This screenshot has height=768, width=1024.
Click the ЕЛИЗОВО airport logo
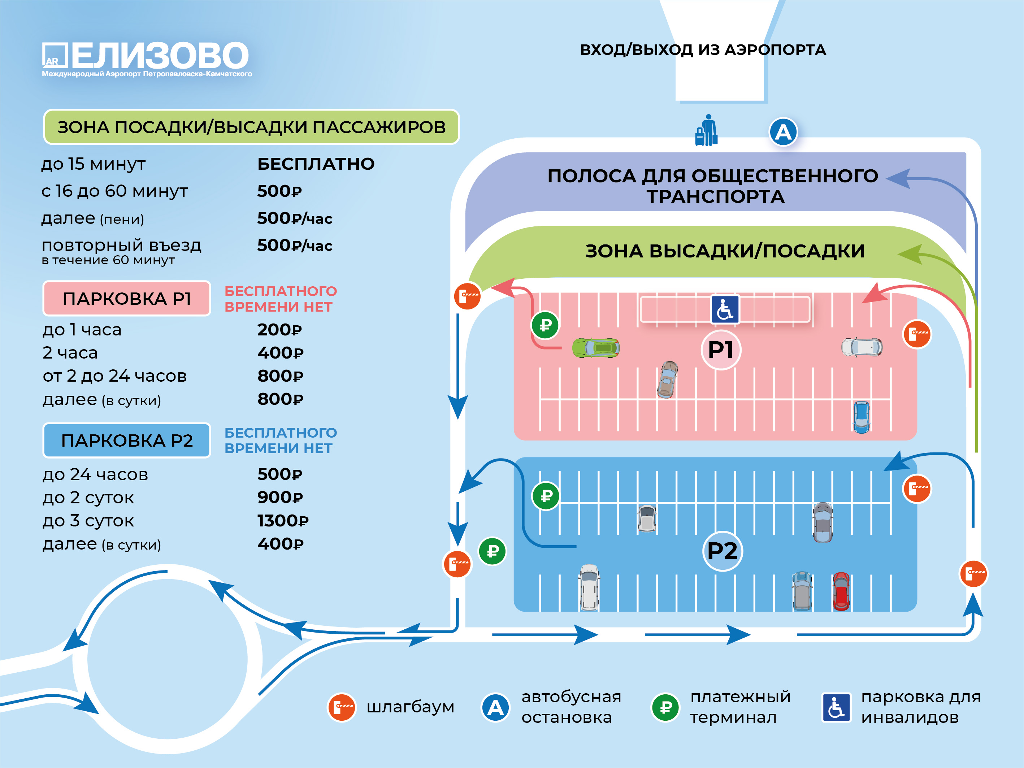pyautogui.click(x=146, y=58)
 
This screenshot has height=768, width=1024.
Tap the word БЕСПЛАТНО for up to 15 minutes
pyautogui.click(x=316, y=164)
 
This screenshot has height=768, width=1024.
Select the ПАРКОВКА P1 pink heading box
pyautogui.click(x=127, y=299)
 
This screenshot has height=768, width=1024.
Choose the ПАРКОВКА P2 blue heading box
pyautogui.click(x=127, y=440)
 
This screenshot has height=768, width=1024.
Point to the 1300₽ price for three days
pyautogui.click(x=283, y=521)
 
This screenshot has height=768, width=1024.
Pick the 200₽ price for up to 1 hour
pyautogui.click(x=279, y=330)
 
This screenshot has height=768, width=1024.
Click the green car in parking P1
pyautogui.click(x=596, y=348)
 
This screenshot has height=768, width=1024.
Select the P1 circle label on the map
pyautogui.click(x=721, y=350)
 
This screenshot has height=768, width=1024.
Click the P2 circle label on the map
pyautogui.click(x=722, y=551)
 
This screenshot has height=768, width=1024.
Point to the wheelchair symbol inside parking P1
pyautogui.click(x=725, y=309)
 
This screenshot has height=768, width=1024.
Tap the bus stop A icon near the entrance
pyautogui.click(x=783, y=132)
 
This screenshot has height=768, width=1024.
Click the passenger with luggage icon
pyautogui.click(x=707, y=131)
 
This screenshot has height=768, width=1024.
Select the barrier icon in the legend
pyautogui.click(x=342, y=707)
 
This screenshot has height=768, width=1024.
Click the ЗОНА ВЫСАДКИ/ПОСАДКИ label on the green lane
pyautogui.click(x=725, y=251)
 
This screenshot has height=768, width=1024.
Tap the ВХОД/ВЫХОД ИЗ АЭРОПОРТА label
pyautogui.click(x=703, y=49)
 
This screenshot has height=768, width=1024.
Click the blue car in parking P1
pyautogui.click(x=861, y=417)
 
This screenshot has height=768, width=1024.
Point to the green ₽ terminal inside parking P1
pyautogui.click(x=545, y=325)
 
